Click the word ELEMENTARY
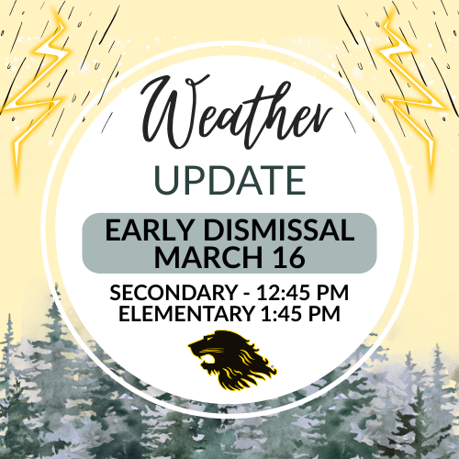click(x=184, y=315)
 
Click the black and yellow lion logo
click(x=230, y=359)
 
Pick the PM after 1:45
click(x=332, y=315)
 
